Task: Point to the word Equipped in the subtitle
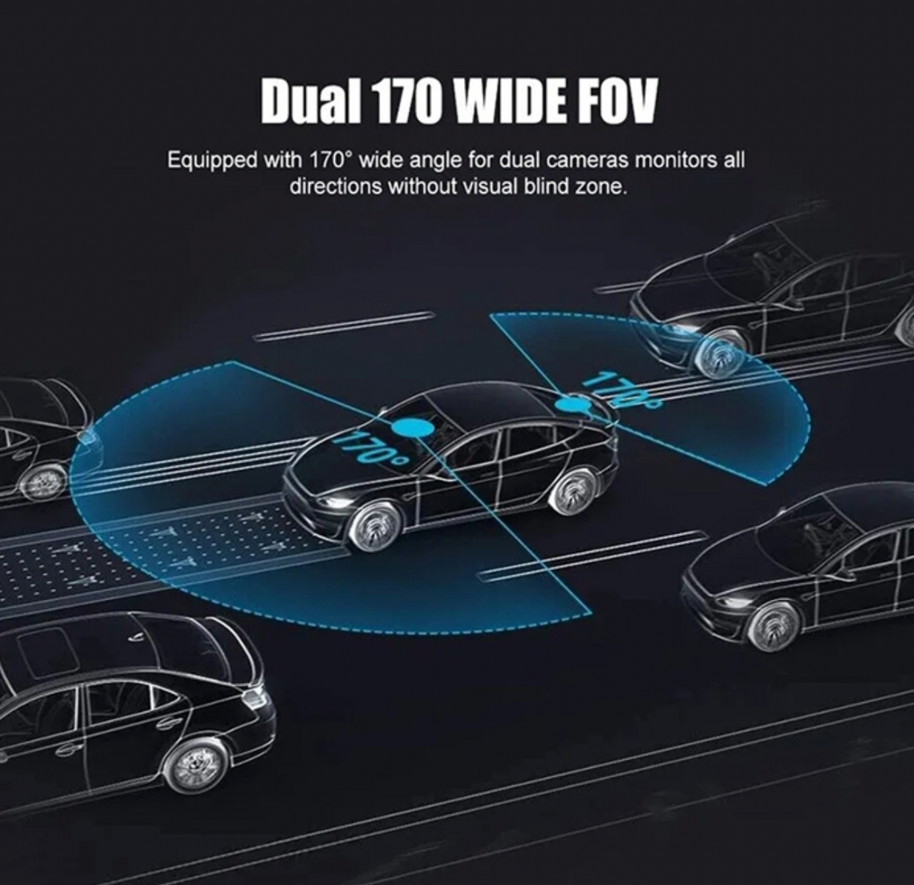click(x=212, y=161)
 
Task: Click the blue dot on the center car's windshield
click(x=412, y=428)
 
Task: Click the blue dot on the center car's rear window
click(x=571, y=403)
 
